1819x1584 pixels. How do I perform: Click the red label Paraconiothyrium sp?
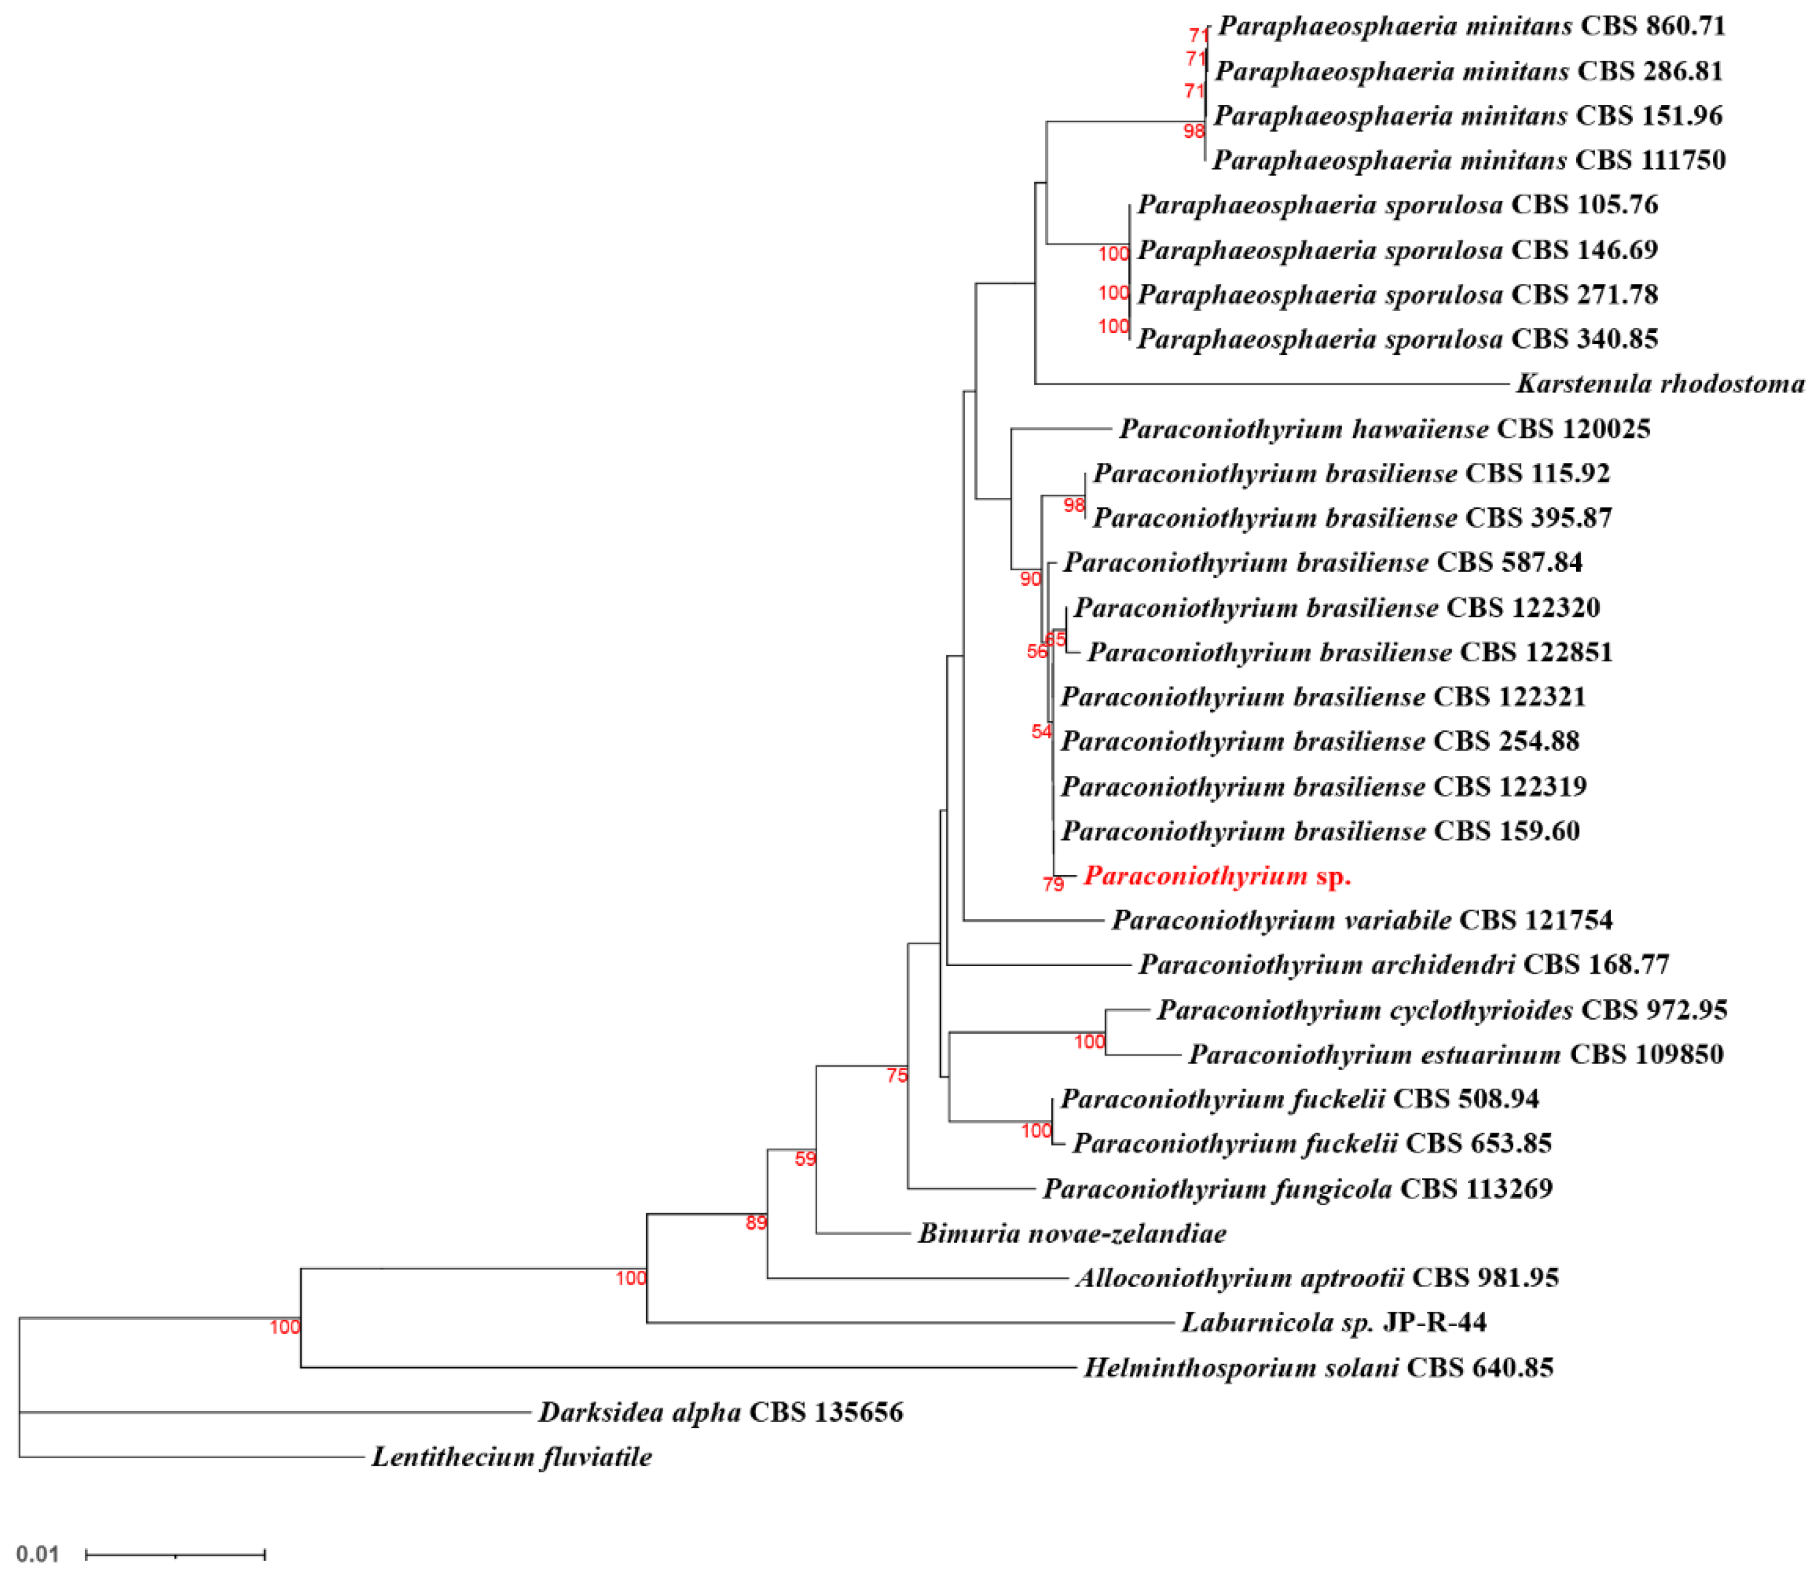[x=1216, y=876]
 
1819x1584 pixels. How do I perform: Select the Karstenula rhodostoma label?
[x=1660, y=384]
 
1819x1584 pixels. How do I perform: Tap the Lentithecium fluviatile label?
[x=511, y=1457]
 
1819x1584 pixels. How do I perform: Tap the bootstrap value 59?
[x=805, y=1159]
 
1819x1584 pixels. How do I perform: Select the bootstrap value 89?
[x=756, y=1222]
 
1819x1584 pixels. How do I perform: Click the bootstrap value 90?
[x=1029, y=579]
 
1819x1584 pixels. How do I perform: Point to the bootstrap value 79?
[x=1052, y=884]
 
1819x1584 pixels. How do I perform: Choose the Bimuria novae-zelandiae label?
[x=1071, y=1233]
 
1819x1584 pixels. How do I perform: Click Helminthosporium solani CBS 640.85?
[x=1318, y=1368]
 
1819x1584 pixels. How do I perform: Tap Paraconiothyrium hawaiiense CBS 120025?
[x=1384, y=429]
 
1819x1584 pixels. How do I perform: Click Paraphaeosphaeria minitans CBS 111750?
[x=1468, y=160]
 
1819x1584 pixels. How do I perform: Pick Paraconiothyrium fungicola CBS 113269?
[x=1296, y=1188]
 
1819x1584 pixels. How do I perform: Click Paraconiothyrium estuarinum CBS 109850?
[x=1455, y=1054]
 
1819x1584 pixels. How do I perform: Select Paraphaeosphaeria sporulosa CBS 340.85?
[x=1396, y=339]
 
